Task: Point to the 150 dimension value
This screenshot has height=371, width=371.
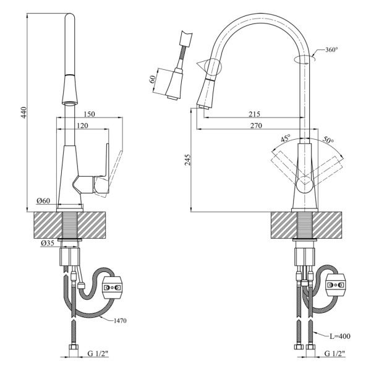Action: click(89, 114)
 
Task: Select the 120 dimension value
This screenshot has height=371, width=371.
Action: click(82, 126)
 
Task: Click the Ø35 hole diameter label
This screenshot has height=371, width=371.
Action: click(48, 244)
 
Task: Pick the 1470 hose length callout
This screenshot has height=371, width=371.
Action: click(126, 320)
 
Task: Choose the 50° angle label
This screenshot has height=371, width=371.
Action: click(327, 141)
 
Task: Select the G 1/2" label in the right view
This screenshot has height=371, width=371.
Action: click(336, 354)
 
